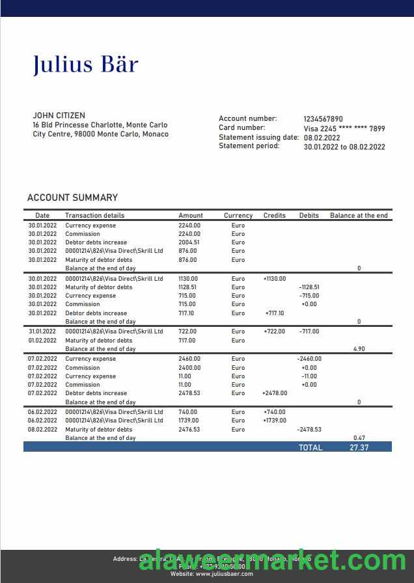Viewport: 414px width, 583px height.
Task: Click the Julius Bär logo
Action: click(86, 64)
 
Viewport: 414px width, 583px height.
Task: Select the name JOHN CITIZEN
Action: click(59, 116)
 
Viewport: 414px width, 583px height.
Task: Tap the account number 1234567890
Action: click(323, 119)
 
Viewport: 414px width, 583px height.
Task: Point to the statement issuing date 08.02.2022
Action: click(322, 138)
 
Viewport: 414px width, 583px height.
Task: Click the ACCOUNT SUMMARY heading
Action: click(72, 198)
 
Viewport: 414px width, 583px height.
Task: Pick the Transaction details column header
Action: click(94, 215)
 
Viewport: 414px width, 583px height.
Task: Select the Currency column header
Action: click(238, 215)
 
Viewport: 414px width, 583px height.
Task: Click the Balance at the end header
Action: click(359, 215)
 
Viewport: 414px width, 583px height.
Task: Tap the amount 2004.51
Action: click(189, 242)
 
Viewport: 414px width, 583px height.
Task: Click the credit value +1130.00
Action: click(275, 279)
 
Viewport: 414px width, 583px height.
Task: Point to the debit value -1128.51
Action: click(309, 287)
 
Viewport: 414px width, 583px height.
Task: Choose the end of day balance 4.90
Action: click(359, 349)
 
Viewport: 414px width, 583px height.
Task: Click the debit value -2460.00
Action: click(309, 359)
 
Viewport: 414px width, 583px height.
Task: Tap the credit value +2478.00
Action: click(275, 393)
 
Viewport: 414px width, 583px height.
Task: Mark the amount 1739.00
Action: click(189, 421)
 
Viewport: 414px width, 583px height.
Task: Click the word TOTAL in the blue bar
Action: click(310, 447)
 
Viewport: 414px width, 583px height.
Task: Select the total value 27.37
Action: click(359, 447)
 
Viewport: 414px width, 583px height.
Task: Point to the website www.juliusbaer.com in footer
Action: click(212, 574)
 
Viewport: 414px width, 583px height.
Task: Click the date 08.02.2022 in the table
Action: click(42, 430)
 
